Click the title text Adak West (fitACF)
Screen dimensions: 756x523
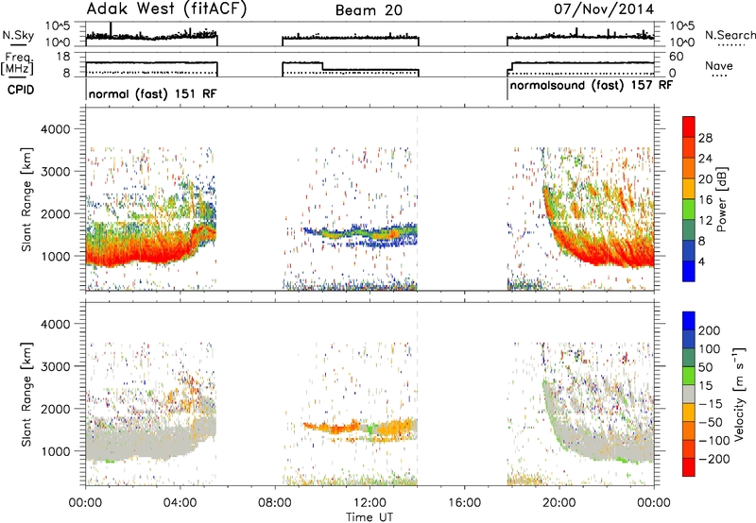pyautogui.click(x=166, y=8)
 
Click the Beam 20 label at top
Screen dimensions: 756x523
pyautogui.click(x=369, y=10)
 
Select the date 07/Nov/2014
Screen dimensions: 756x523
pyautogui.click(x=604, y=8)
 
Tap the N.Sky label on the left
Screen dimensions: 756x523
pyautogui.click(x=18, y=35)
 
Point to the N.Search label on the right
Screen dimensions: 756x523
pyautogui.click(x=730, y=35)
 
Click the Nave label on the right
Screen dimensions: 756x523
pyautogui.click(x=719, y=65)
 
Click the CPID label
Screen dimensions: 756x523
pyautogui.click(x=21, y=90)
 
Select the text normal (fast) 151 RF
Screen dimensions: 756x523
pyautogui.click(x=152, y=93)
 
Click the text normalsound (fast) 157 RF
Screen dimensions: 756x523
pyautogui.click(x=591, y=86)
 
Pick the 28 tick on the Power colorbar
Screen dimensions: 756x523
pyautogui.click(x=705, y=138)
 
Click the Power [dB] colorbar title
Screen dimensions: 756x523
pyautogui.click(x=721, y=199)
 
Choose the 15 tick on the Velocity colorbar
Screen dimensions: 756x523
pyautogui.click(x=705, y=386)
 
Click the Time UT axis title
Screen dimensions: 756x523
pyautogui.click(x=369, y=516)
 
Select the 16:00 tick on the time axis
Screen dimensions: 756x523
pyautogui.click(x=465, y=503)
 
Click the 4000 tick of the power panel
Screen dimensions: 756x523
pyautogui.click(x=56, y=129)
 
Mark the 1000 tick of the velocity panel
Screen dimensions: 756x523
pyautogui.click(x=56, y=451)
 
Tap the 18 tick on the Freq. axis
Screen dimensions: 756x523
pyautogui.click(x=63, y=57)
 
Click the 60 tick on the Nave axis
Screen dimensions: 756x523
pyautogui.click(x=677, y=57)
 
